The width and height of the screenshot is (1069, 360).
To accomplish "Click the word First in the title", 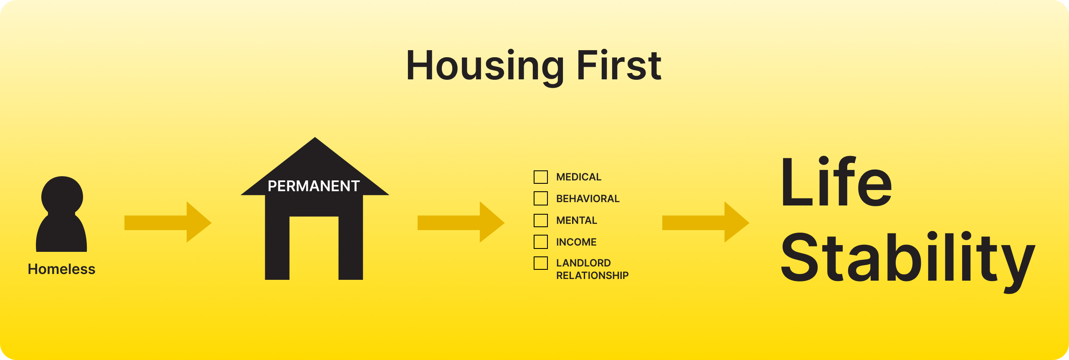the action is point(619,65).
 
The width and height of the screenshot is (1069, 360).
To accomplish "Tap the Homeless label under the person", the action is point(61,269).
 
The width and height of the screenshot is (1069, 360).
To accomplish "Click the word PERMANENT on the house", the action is point(314,186).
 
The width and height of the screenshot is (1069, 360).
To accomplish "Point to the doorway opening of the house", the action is point(314,248).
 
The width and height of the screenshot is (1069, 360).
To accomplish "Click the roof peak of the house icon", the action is point(315,137).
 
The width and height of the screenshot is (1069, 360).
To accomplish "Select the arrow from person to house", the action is point(168,222).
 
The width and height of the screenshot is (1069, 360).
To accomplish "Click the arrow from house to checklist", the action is point(461,222).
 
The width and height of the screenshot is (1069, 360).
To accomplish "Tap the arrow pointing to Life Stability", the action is point(706,222).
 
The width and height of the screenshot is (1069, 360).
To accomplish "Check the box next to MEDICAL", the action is point(541,177).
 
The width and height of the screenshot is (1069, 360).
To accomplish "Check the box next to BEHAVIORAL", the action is point(541,198).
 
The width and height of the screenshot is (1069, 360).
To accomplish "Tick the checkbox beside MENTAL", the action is point(541,220).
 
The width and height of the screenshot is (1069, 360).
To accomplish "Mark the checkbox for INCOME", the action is point(541,242).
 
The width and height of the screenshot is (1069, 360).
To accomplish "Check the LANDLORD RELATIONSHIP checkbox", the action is point(541,263).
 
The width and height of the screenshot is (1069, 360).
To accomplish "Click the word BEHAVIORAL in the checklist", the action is point(588,198).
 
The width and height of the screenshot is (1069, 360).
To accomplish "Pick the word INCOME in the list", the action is point(576,242).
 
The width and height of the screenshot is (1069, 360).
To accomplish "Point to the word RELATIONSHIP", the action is point(592,275).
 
